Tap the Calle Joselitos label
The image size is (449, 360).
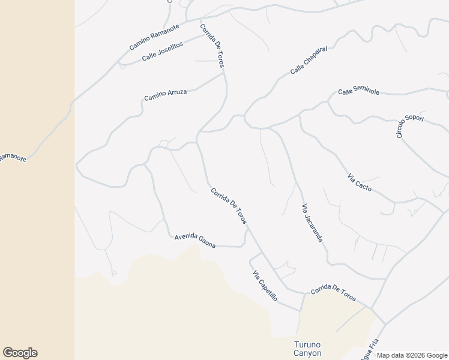coord(162,53)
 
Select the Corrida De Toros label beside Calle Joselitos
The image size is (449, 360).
coord(212,45)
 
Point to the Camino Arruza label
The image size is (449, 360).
coord(165,95)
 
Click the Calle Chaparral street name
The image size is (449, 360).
coord(309,62)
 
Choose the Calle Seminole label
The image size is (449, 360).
coord(358,91)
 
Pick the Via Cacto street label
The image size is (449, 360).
coord(359,183)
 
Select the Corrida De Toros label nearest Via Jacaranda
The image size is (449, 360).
coord(229,206)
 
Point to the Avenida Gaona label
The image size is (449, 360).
coord(194,241)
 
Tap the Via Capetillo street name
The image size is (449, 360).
coord(265,286)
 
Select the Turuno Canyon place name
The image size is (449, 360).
coord(307,349)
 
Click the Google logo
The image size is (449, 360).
coord(20,353)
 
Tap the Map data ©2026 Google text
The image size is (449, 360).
coord(412,355)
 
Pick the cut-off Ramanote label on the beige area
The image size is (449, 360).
coord(12,158)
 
